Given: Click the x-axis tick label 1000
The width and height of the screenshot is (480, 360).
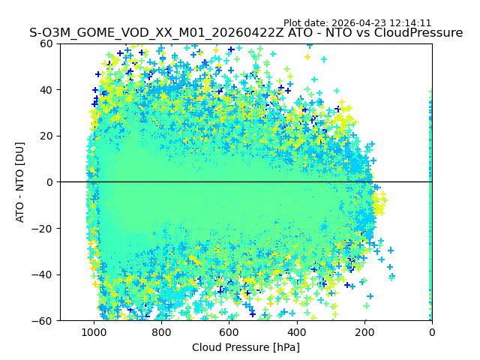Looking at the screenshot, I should click(94, 332).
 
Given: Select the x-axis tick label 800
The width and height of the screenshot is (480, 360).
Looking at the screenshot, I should click(161, 332).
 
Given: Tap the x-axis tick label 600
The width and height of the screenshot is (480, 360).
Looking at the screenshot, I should click(229, 332).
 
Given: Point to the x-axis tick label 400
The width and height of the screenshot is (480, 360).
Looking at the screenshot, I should click(297, 332).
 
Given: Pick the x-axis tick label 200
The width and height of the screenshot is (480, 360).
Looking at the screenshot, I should click(364, 332).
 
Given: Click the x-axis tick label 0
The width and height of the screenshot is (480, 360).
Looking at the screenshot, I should click(432, 332).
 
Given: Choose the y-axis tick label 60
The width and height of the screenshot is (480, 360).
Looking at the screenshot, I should click(46, 43).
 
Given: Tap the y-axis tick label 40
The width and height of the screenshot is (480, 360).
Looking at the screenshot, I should click(46, 90).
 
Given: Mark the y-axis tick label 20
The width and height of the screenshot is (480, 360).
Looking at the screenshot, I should click(46, 136).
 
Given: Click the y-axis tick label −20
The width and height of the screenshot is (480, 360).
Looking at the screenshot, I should click(43, 229).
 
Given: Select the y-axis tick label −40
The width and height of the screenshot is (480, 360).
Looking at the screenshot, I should click(43, 274).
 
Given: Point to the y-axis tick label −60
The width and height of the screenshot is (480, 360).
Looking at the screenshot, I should click(43, 321).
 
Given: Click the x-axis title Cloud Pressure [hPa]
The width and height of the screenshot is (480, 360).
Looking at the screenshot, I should click(246, 347).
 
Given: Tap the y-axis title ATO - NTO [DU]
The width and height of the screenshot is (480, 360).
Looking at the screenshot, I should click(20, 182).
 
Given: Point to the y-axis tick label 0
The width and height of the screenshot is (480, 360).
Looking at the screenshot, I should click(49, 182).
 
